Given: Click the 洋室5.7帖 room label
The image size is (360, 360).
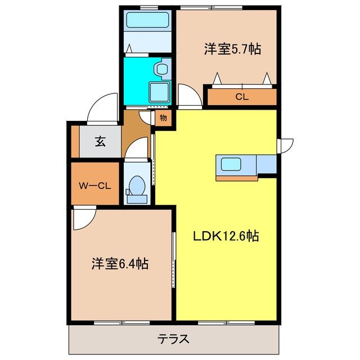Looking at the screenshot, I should (x=232, y=49).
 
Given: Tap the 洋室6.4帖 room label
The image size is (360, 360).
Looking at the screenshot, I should (x=120, y=263).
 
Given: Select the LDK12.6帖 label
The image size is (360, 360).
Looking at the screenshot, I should (x=226, y=237).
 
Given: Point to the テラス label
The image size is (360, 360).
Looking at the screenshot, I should (x=173, y=339).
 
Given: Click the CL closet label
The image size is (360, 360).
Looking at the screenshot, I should (x=241, y=97).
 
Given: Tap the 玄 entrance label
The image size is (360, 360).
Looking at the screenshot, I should (x=100, y=142).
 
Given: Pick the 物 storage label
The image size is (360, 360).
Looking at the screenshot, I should (x=163, y=118).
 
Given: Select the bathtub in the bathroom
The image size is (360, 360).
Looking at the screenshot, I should (x=148, y=21).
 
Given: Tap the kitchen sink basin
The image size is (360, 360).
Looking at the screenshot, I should (x=231, y=164).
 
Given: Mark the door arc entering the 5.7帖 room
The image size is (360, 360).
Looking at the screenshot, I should (x=190, y=94).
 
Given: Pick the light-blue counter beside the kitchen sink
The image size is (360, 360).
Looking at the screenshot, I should (x=267, y=164).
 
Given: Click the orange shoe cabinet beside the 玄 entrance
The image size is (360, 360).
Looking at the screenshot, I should (x=75, y=142).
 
